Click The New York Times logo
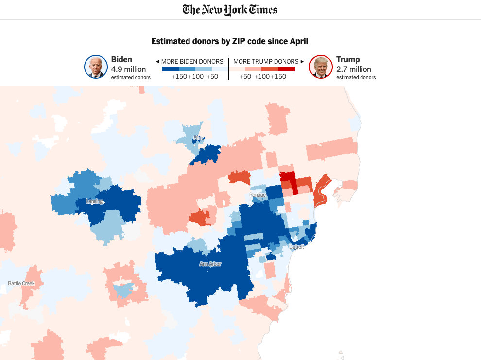(x=230, y=10)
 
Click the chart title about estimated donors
(x=230, y=41)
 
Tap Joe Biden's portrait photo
(x=96, y=67)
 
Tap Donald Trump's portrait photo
(x=321, y=67)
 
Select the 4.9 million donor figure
(x=128, y=69)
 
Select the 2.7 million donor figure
(x=353, y=69)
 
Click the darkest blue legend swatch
(x=170, y=69)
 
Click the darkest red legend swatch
(x=286, y=69)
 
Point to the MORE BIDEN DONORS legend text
(x=192, y=62)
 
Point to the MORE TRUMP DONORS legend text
(x=266, y=62)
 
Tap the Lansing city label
(x=94, y=201)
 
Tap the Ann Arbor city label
(x=210, y=264)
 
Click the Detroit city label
(x=296, y=247)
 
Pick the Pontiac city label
(x=258, y=195)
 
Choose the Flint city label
(x=198, y=138)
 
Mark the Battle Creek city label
(x=21, y=283)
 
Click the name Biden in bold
(x=121, y=59)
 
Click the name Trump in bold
(x=348, y=59)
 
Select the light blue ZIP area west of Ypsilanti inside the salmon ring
(x=123, y=290)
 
